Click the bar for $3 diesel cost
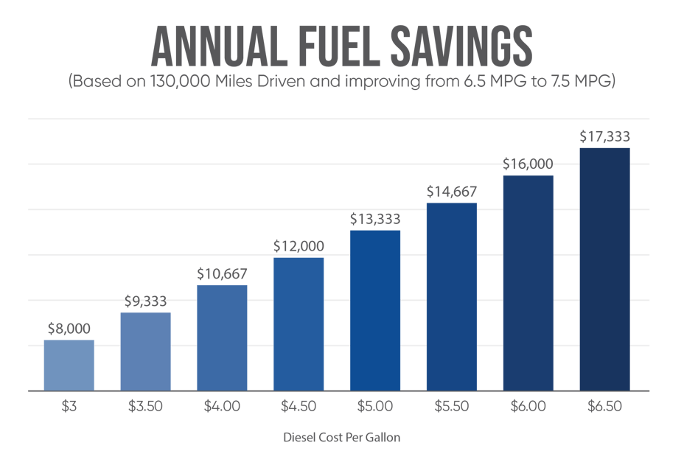point(69,365)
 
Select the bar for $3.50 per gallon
point(145,351)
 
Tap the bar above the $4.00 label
point(222,337)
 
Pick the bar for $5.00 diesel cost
point(375,310)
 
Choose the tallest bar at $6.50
point(604,269)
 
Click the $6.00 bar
point(528,282)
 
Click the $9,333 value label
point(145,301)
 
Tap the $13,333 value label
point(375,219)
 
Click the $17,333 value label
point(604,136)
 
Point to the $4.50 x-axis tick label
point(299,406)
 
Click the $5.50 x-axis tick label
point(452,406)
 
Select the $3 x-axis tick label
point(69,406)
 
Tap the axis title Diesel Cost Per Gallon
point(342,438)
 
